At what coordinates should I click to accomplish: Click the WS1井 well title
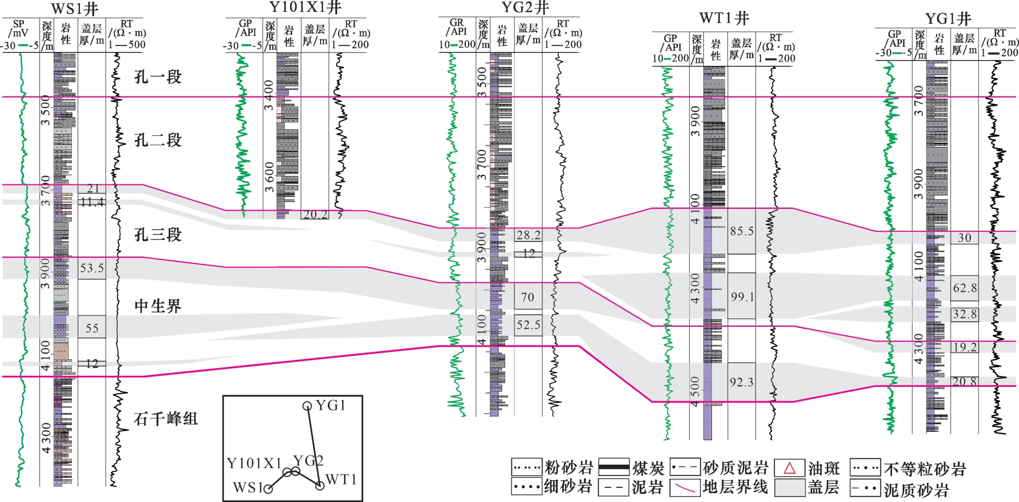pyautogui.click(x=75, y=9)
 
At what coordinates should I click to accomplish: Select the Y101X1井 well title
pyautogui.click(x=305, y=7)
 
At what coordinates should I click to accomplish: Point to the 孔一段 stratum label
pyautogui.click(x=158, y=77)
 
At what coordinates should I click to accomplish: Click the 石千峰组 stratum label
pyautogui.click(x=165, y=418)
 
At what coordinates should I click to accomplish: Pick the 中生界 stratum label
pyautogui.click(x=158, y=306)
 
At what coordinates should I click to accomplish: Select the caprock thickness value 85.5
pyautogui.click(x=741, y=231)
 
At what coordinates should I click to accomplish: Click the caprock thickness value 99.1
pyautogui.click(x=741, y=296)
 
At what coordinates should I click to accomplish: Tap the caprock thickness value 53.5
pyautogui.click(x=92, y=268)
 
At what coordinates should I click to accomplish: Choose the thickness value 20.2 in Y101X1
pyautogui.click(x=315, y=215)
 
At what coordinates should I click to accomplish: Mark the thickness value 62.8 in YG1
pyautogui.click(x=964, y=288)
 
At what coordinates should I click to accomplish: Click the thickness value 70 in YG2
pyautogui.click(x=527, y=297)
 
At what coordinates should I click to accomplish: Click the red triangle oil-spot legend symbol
pyautogui.click(x=789, y=468)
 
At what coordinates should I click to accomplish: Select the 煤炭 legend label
pyautogui.click(x=648, y=468)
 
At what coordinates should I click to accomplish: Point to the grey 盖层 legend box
pyautogui.click(x=789, y=488)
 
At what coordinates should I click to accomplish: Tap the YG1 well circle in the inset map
pyautogui.click(x=307, y=406)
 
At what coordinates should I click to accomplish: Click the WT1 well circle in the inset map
pyautogui.click(x=320, y=486)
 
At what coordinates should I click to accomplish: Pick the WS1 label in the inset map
pyautogui.click(x=247, y=488)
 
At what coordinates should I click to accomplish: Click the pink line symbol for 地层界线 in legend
pyautogui.click(x=685, y=488)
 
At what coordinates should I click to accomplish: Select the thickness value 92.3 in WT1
pyautogui.click(x=741, y=382)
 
